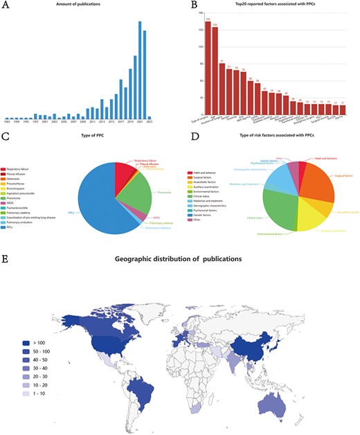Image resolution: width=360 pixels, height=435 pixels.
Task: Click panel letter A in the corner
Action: (x=6, y=6)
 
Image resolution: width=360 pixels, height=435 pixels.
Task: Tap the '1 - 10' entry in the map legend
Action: (x=40, y=392)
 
